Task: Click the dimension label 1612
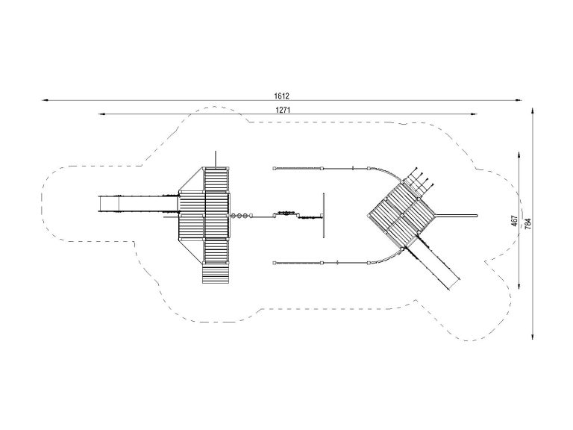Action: click(281, 96)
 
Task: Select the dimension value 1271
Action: click(283, 110)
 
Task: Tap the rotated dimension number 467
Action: click(515, 221)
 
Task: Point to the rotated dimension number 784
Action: click(527, 224)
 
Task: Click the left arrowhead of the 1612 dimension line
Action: click(45, 100)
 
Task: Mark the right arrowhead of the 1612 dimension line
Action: click(519, 100)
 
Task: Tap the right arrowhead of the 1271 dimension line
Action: click(474, 114)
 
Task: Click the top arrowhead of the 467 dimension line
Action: click(519, 155)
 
